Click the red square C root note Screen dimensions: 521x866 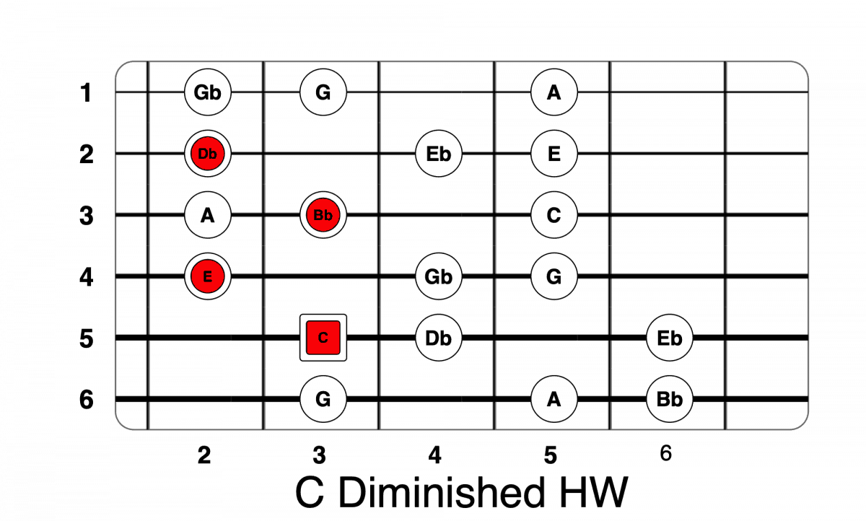coord(323,338)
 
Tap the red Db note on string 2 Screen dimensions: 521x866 coord(208,154)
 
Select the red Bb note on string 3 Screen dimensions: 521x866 coord(323,215)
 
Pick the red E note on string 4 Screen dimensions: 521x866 coord(208,276)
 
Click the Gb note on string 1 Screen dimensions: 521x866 coord(208,92)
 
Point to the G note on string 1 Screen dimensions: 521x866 coord(323,92)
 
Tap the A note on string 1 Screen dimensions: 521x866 coord(554,92)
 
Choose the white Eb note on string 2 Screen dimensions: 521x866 coord(439,154)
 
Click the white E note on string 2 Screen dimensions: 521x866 coord(554,154)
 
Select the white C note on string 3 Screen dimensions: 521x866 coord(554,215)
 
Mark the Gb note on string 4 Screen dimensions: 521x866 coord(439,276)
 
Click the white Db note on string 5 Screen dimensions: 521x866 coord(439,338)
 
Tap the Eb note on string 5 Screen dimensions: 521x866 coord(669,338)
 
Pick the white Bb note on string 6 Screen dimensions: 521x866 coord(669,399)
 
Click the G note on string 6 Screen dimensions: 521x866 coord(323,399)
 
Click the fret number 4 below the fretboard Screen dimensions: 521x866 coord(434,455)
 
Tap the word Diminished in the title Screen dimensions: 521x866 coord(440,493)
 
